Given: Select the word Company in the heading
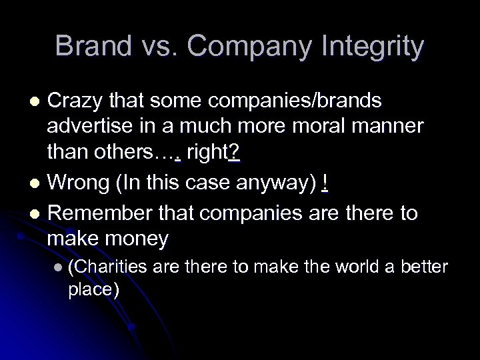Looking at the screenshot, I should (x=244, y=47).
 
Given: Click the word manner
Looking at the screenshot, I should (x=385, y=127).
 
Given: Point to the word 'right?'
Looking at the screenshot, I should (x=213, y=153).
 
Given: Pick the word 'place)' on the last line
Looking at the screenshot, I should (x=94, y=291).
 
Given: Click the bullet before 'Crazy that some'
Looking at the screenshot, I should (x=37, y=101).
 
